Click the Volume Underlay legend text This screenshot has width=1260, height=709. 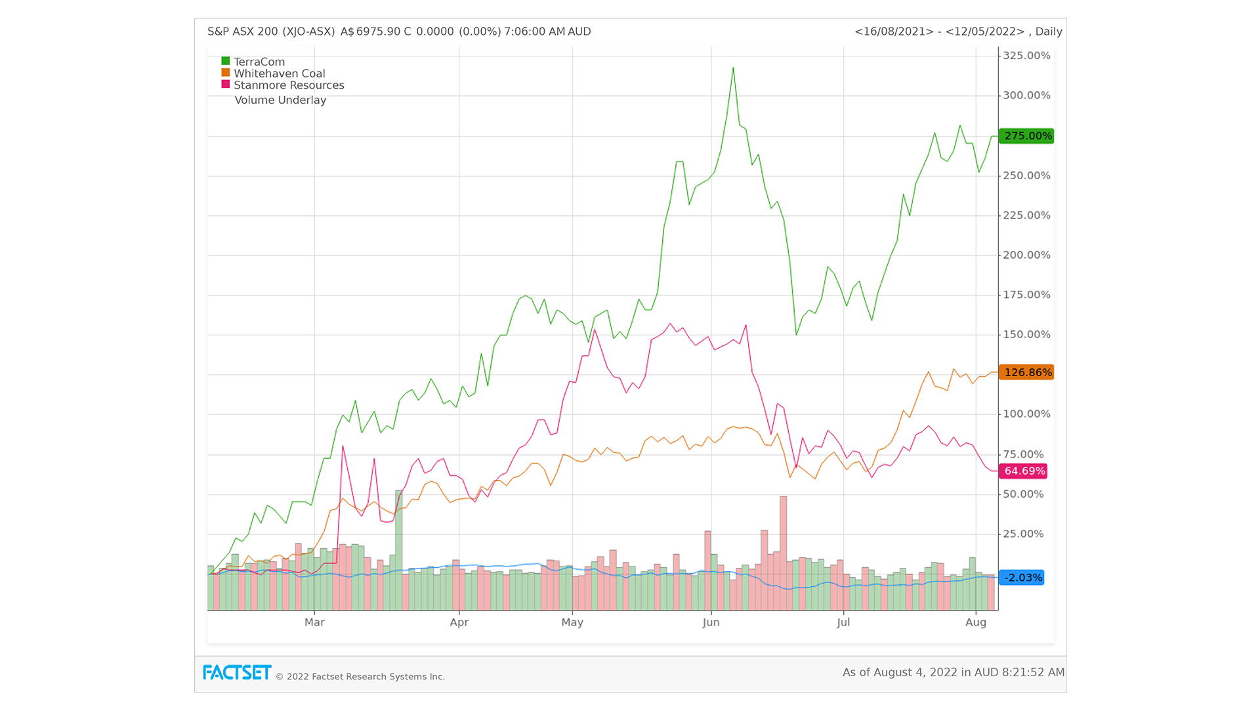pos(280,100)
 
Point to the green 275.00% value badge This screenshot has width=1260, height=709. pos(1026,136)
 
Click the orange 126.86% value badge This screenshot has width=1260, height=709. pos(1026,372)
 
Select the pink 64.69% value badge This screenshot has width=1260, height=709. pos(1023,471)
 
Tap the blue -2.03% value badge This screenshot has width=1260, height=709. pos(1022,578)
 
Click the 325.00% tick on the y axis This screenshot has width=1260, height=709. pos(1026,56)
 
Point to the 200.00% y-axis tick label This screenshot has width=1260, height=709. pos(1026,255)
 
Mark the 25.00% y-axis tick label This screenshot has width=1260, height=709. pos(1023,534)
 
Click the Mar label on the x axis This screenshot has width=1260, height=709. pos(314,622)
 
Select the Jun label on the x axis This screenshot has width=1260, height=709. pos(711,622)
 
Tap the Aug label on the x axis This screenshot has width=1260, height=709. pos(976,622)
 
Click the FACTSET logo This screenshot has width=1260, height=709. pos(237,673)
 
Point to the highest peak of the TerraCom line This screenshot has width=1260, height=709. pos(733,68)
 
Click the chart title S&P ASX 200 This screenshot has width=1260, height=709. pos(271,32)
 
